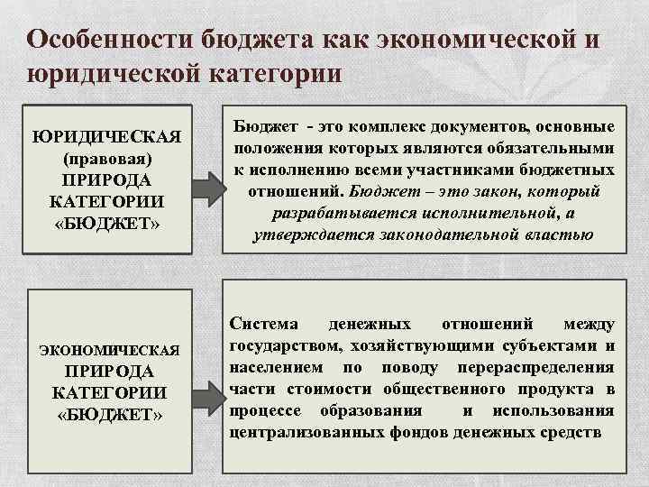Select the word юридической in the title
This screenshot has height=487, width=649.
click(x=109, y=73)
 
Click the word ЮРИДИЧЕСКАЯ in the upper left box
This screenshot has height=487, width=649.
click(x=106, y=137)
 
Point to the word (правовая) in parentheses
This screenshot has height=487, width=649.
click(x=106, y=158)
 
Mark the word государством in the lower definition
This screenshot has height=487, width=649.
click(x=279, y=346)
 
